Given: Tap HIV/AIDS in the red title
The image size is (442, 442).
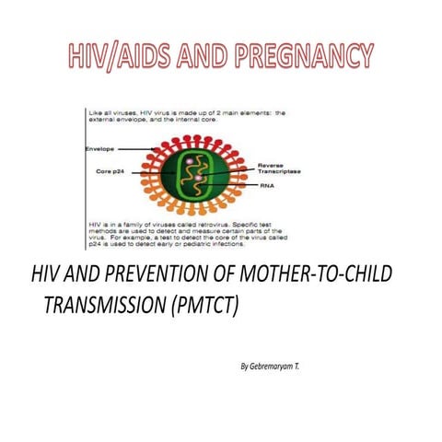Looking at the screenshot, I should tap(114, 57).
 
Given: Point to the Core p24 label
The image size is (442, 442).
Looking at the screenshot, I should tap(109, 171).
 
